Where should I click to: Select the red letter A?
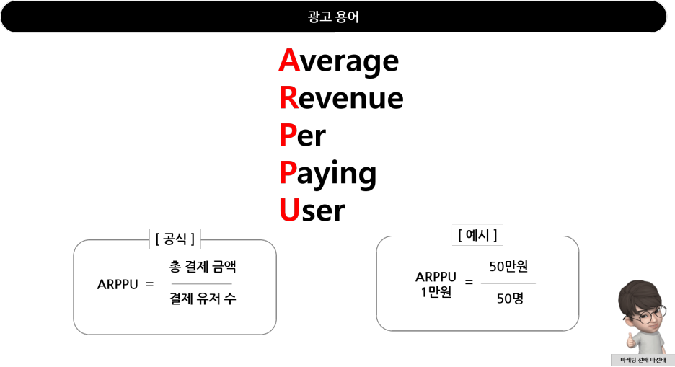[289, 61]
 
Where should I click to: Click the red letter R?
[289, 98]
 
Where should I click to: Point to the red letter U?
[289, 210]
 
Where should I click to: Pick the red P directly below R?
[288, 135]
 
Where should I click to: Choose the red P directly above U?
[288, 172]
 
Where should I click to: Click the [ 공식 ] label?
[175, 239]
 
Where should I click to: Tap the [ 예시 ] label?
[477, 235]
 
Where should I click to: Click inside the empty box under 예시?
[477, 286]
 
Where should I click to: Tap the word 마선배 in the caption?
[658, 360]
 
